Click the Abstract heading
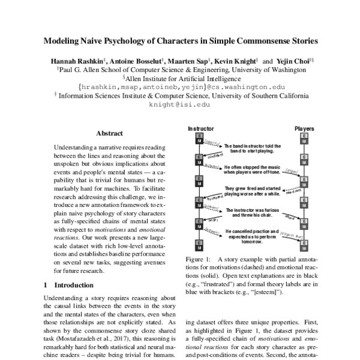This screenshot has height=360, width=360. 109,133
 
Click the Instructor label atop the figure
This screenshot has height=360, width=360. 200,129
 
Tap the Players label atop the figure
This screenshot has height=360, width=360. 305,129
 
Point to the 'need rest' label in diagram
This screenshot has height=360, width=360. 293,195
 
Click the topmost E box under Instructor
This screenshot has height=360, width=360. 197,137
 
